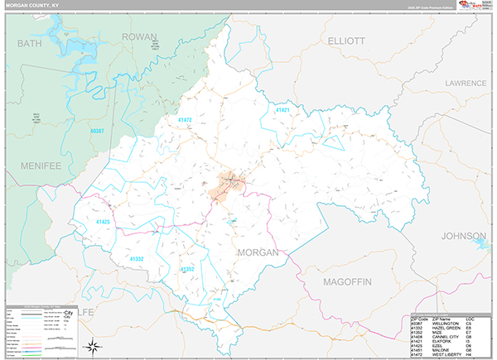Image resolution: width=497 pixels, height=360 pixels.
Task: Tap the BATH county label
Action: (29, 42)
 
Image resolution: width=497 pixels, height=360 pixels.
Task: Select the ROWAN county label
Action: (138, 37)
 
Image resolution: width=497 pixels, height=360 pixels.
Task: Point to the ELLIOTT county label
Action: (346, 40)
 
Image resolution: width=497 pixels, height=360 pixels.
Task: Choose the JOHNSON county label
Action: (464, 236)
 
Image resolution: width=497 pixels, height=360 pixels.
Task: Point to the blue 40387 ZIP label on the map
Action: (98, 131)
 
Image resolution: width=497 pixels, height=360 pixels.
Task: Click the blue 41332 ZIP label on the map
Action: (137, 259)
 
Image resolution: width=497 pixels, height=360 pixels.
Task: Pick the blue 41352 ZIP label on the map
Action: (188, 269)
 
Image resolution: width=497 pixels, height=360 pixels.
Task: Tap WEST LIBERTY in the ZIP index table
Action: (445, 354)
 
